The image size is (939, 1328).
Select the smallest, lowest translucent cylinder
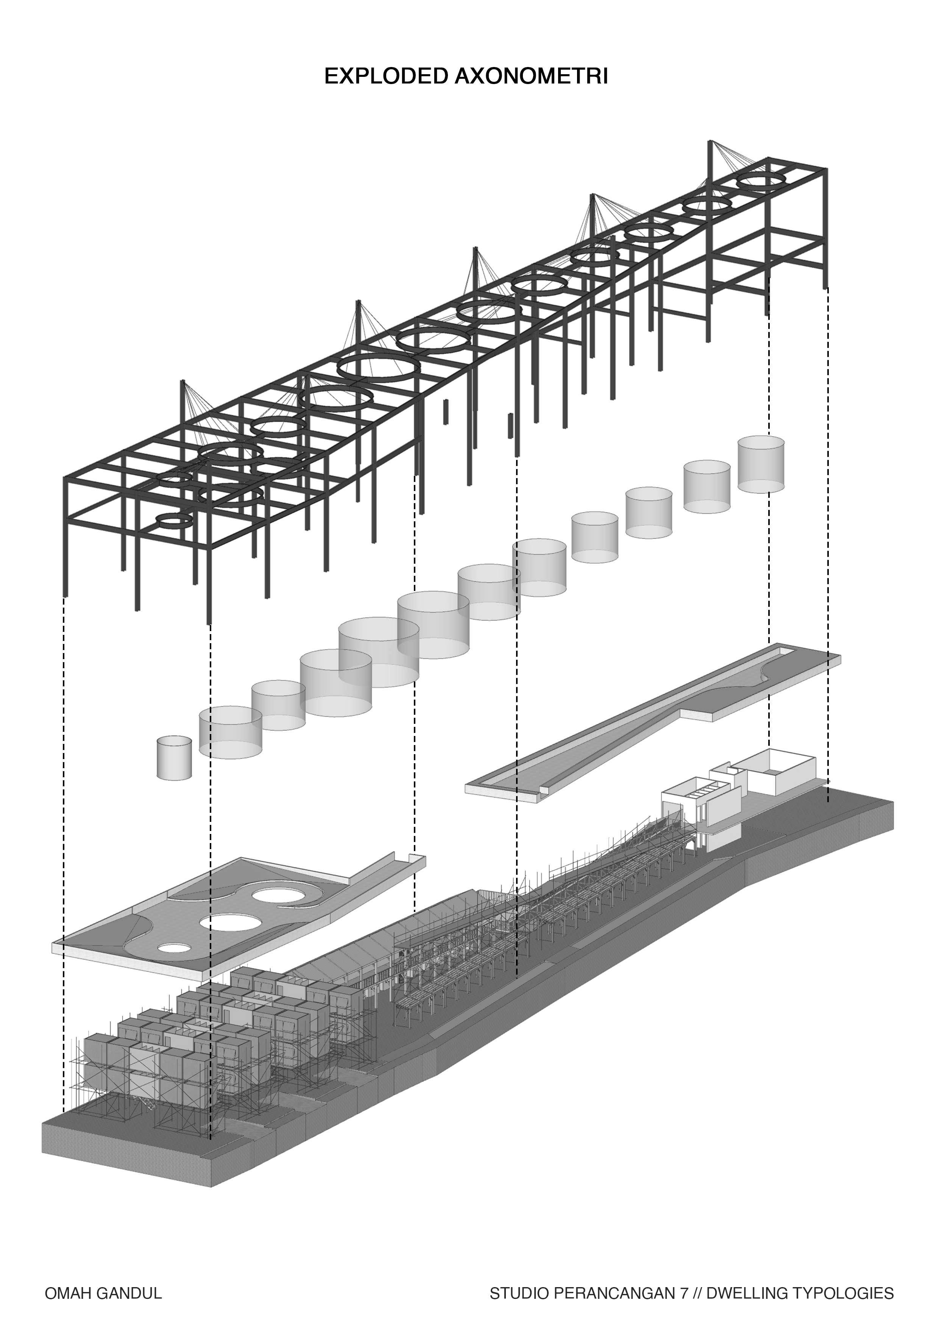(174, 758)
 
